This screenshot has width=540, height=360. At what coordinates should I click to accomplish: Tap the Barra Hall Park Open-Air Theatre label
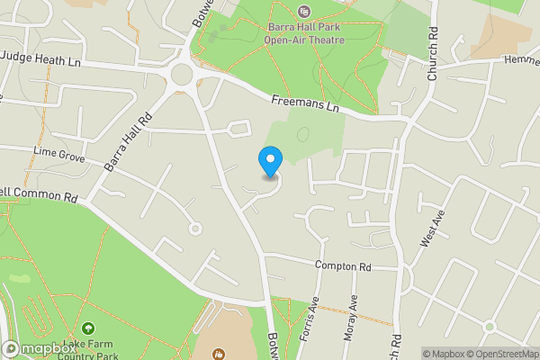[302, 32]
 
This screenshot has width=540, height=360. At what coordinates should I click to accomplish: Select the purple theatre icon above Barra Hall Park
[303, 12]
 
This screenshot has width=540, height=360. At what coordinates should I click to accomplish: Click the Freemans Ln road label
[307, 106]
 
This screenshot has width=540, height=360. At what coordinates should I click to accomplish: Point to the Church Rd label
[434, 63]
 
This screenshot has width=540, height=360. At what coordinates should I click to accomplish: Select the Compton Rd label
[343, 266]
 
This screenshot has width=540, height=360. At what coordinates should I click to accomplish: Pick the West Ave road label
[433, 229]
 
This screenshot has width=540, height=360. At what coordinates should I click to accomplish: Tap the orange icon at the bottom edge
[218, 355]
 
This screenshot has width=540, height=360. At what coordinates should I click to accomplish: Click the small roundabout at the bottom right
[490, 326]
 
